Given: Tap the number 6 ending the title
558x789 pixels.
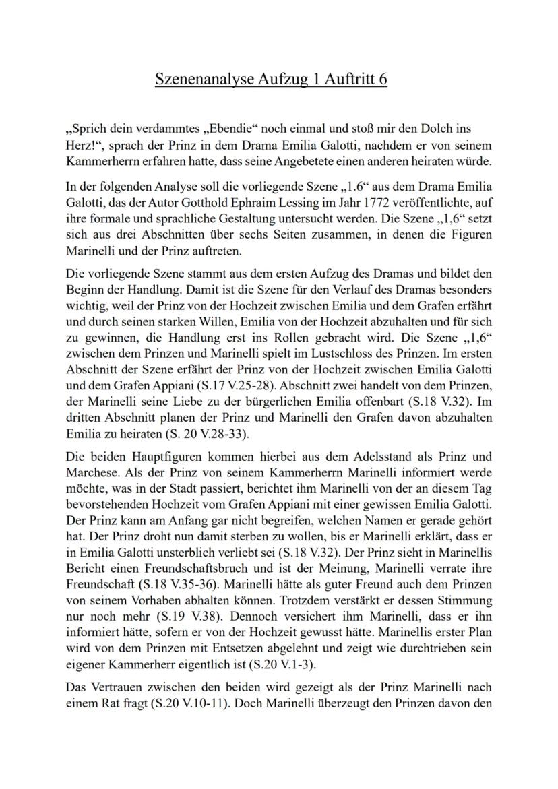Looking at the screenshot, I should [383, 79].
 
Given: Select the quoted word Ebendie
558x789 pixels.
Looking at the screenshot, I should [228, 128].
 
